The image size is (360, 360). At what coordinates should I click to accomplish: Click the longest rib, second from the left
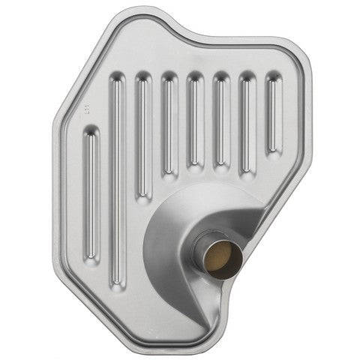click(117, 180)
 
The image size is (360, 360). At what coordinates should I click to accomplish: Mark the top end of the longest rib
click(117, 79)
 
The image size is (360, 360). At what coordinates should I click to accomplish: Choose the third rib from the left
click(143, 135)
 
